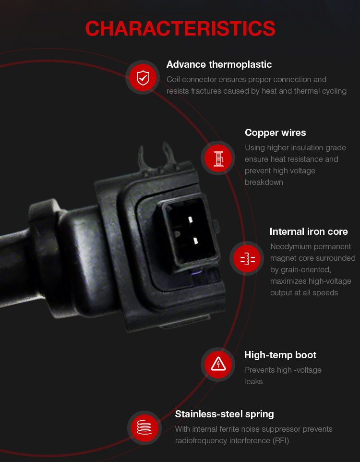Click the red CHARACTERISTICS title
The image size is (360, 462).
pyautogui.click(x=180, y=29)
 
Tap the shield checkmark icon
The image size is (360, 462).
pyautogui.click(x=143, y=77)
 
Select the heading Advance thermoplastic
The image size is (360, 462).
pyautogui.click(x=219, y=64)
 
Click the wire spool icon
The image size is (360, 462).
pyautogui.click(x=218, y=158)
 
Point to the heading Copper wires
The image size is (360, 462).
pyautogui.click(x=276, y=133)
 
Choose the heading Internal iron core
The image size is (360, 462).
pyautogui.click(x=309, y=231)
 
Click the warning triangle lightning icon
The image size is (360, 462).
pyautogui.click(x=218, y=365)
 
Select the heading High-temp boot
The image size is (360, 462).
pyautogui.click(x=280, y=355)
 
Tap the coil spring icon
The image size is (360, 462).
pyautogui.click(x=144, y=428)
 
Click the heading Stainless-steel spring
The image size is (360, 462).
pyautogui.click(x=225, y=414)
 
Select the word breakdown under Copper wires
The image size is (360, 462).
pyautogui.click(x=264, y=182)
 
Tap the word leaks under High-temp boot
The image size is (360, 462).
pyautogui.click(x=253, y=382)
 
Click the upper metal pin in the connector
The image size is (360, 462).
pyautogui.click(x=190, y=219)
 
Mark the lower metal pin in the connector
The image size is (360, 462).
pyautogui.click(x=195, y=241)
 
